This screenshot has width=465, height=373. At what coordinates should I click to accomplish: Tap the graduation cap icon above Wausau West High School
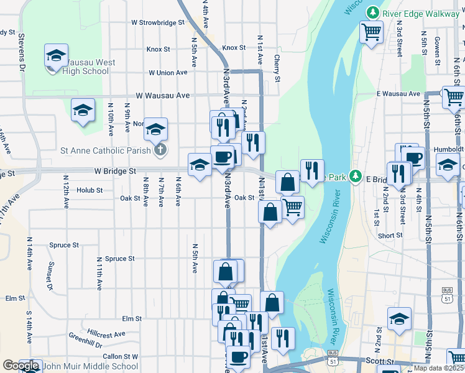56,56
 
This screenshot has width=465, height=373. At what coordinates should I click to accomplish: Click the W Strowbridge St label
158,22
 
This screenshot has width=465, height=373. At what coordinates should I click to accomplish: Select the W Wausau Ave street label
163,96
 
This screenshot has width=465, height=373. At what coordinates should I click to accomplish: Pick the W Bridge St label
115,170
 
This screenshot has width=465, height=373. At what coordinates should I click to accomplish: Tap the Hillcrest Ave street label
106,334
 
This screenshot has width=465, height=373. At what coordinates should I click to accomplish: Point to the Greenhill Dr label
86,341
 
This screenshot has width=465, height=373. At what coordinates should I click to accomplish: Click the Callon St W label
120,356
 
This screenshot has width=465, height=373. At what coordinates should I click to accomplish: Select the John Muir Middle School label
90,366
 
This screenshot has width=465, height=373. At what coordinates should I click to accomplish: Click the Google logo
21,366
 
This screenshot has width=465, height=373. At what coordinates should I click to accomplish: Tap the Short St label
390,236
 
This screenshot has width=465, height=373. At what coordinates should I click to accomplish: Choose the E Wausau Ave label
398,94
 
